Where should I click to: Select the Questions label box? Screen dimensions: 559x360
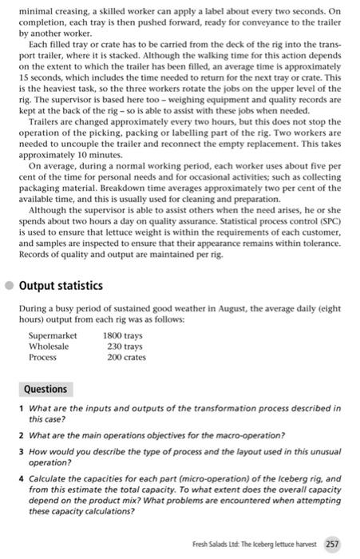45,389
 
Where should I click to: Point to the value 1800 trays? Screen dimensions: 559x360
123,336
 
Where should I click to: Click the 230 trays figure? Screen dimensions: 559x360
125,347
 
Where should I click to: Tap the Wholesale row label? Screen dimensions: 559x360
49,347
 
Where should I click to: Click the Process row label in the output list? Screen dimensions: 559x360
43,357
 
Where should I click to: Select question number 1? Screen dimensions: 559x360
20,407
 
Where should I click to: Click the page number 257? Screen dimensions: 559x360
332,544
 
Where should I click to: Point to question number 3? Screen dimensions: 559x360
20,450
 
